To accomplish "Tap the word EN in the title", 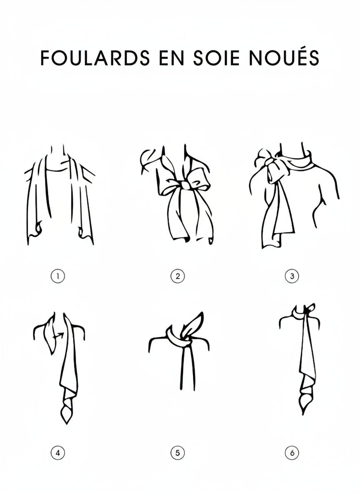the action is coord(172,58).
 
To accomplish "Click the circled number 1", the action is coord(58,276).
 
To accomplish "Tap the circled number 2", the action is coord(177,276).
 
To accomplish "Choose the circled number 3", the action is coord(292,276).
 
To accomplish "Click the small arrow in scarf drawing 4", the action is coord(59,336).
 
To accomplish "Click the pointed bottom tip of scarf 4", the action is coord(67,423).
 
